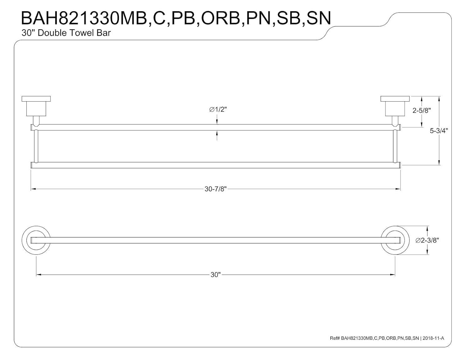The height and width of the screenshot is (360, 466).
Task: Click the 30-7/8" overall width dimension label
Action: [x=216, y=189]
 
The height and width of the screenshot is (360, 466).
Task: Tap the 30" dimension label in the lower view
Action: [x=215, y=275]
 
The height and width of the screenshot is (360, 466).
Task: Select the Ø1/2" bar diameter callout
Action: [x=218, y=109]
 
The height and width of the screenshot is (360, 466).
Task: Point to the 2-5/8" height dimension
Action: [x=422, y=111]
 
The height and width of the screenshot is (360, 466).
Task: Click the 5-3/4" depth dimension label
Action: [x=439, y=131]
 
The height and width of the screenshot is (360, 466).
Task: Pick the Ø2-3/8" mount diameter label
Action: [x=427, y=240]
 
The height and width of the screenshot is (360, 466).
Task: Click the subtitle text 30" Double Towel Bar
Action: [x=66, y=33]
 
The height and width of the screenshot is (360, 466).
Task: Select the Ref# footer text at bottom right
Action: [x=387, y=338]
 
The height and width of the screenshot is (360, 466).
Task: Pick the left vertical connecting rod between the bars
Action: [x=36, y=146]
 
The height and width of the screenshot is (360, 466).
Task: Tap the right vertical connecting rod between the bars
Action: [x=395, y=146]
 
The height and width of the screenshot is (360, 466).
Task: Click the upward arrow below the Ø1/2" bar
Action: [x=217, y=134]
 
